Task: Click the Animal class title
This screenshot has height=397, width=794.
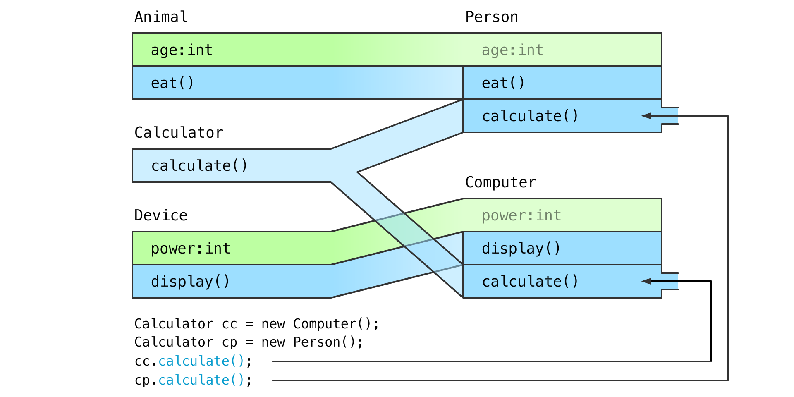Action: click(161, 17)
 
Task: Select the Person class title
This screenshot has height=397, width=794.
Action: click(492, 17)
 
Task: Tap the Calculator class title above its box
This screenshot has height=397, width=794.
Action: click(179, 133)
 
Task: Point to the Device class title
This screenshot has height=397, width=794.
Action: click(161, 215)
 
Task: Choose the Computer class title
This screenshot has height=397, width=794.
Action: click(501, 182)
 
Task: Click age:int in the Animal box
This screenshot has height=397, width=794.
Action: click(182, 50)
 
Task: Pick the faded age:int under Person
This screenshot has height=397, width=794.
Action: click(512, 50)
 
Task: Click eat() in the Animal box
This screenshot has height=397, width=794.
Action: click(172, 83)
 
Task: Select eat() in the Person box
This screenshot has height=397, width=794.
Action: click(503, 83)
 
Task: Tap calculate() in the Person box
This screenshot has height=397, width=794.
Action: click(530, 116)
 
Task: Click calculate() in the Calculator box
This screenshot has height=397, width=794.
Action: click(199, 166)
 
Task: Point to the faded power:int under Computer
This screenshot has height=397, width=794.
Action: click(521, 215)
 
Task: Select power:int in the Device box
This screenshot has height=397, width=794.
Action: click(191, 249)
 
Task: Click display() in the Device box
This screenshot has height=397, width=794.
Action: click(190, 282)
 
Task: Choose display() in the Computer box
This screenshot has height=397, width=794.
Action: click(521, 249)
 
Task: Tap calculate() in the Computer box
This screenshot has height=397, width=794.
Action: click(530, 282)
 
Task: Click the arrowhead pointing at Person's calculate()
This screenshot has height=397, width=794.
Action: click(646, 116)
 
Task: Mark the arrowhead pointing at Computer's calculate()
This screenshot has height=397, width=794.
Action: click(646, 281)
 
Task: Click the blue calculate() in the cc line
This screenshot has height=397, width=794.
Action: click(201, 361)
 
